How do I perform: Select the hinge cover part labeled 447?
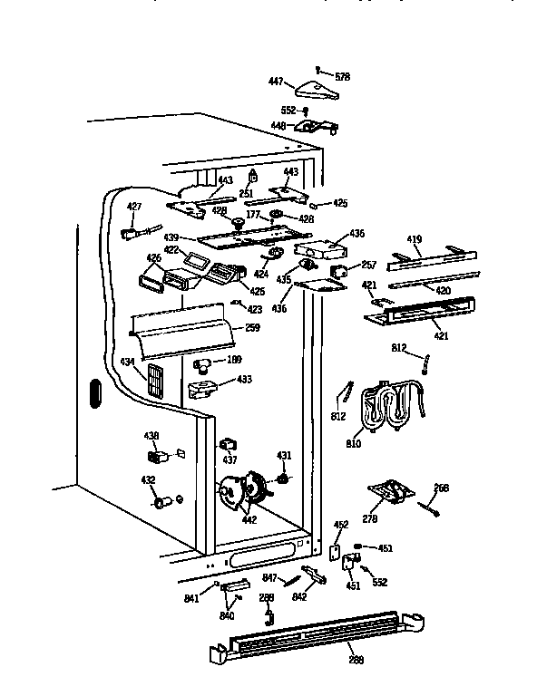point(311,89)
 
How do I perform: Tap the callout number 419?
point(414,240)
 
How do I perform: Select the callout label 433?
point(244,379)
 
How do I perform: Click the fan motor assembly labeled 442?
point(243,491)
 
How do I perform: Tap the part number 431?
point(284,455)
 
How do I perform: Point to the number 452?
point(341,525)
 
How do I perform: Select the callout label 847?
point(269,577)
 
